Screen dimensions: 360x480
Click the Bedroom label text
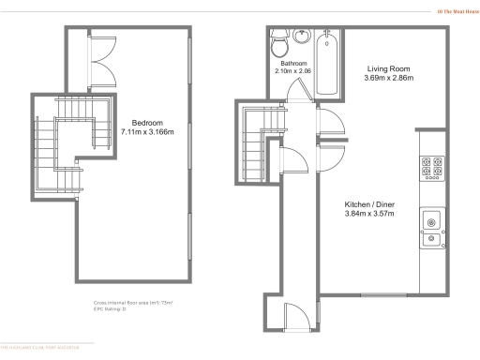147,123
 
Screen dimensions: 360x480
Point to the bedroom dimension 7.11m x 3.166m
147,132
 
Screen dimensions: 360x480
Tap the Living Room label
387,69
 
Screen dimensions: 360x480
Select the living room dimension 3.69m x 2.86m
387,79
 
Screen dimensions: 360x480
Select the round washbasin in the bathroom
302,38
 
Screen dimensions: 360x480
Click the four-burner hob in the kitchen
432,168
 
